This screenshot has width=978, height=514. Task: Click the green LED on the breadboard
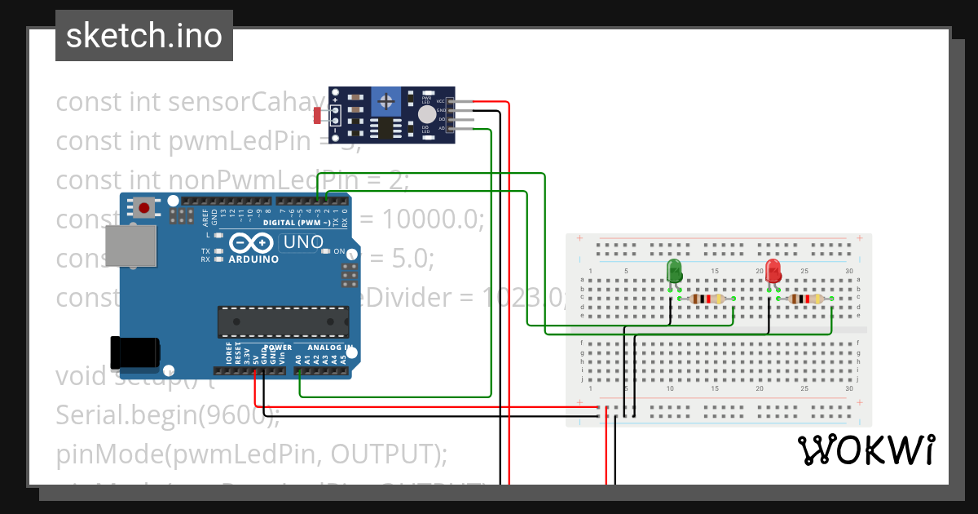click(x=674, y=271)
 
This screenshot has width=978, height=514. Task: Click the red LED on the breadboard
click(x=773, y=271)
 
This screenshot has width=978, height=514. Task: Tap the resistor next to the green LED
click(x=707, y=299)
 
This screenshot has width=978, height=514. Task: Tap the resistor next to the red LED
click(x=805, y=299)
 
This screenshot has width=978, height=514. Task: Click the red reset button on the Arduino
click(x=145, y=207)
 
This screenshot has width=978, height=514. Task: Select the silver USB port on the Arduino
click(x=130, y=246)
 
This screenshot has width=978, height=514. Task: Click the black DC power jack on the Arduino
click(x=134, y=352)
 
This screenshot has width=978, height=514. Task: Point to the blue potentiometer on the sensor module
click(x=386, y=102)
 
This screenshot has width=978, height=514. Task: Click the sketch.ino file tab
click(x=144, y=36)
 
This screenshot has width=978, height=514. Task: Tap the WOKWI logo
click(x=866, y=450)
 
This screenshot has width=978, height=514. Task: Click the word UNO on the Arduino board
click(x=304, y=242)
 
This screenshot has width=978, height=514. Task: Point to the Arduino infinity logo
click(x=253, y=243)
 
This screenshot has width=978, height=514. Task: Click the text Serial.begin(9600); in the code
click(x=167, y=415)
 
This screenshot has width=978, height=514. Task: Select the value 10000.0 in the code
click(x=433, y=219)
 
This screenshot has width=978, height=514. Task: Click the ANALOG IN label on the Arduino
click(x=330, y=348)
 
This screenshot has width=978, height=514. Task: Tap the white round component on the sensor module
click(x=426, y=115)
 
